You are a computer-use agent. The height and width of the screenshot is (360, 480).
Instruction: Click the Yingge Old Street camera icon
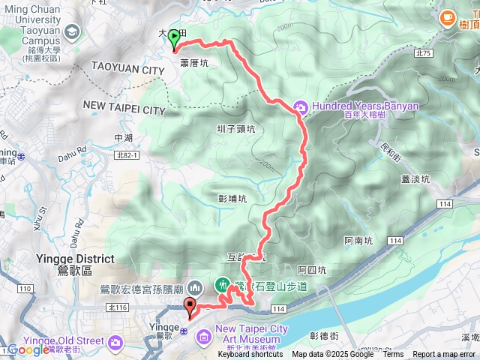click(x=115, y=342)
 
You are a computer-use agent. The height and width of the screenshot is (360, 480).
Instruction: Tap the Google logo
click(x=28, y=349)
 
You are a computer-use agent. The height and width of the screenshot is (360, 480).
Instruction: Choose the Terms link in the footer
click(x=393, y=354)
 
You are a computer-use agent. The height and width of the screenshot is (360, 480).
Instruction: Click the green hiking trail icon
click(x=223, y=285)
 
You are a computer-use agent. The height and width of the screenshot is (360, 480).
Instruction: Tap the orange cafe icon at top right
click(x=448, y=16)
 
